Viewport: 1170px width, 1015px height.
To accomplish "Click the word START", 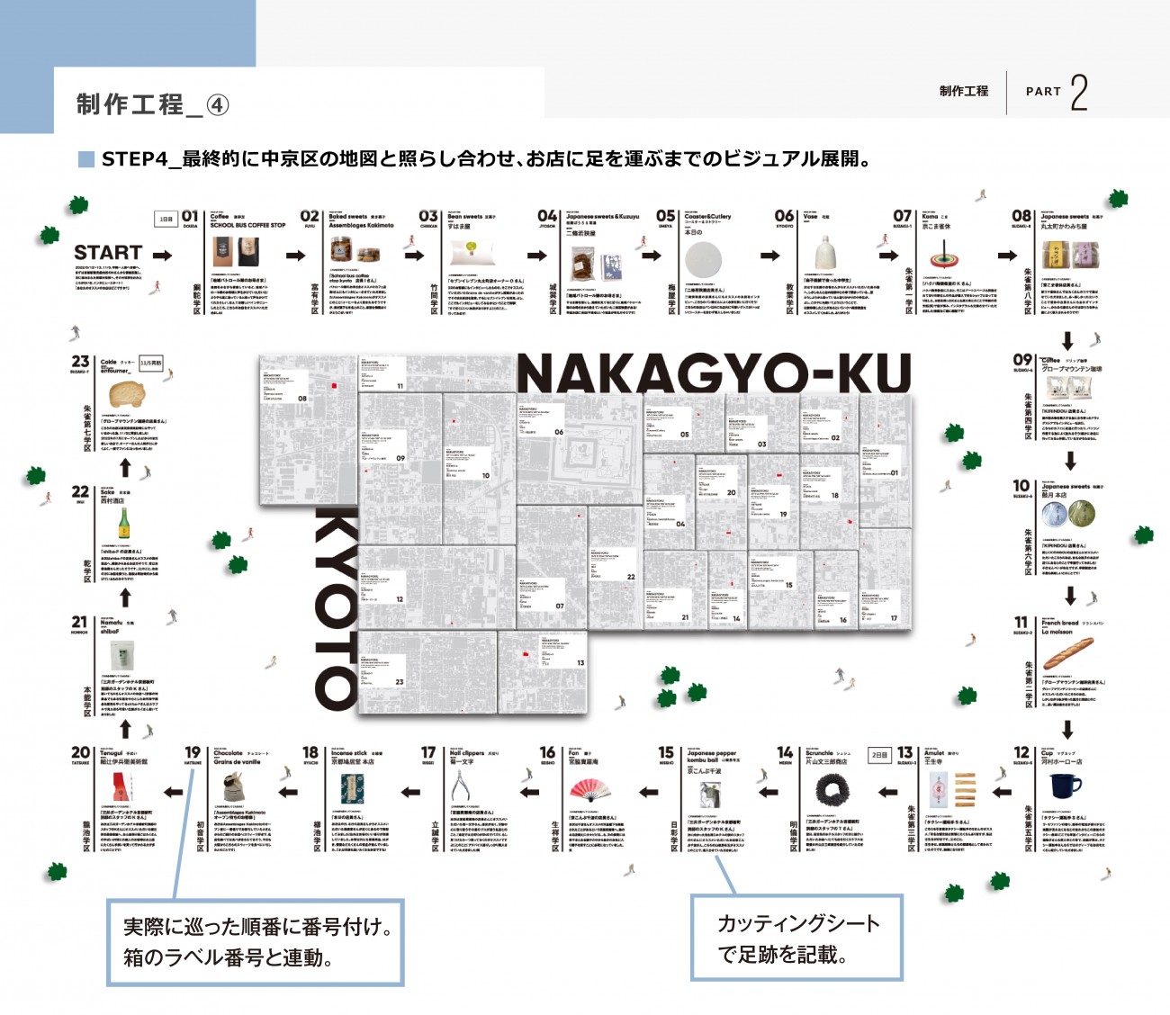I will click(x=108, y=253).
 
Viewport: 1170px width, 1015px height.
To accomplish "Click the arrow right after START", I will click(x=162, y=256).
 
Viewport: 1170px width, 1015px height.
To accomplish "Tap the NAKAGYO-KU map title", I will click(x=714, y=373).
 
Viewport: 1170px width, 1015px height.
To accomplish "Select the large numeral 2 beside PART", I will click(x=1078, y=93).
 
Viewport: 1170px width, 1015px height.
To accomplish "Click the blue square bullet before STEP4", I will click(x=86, y=159).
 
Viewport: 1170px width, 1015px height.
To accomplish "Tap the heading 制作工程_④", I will click(x=152, y=104).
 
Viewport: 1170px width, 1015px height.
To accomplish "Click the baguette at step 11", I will click(x=1067, y=652).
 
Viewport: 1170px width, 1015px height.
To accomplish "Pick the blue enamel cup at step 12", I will click(x=1065, y=786).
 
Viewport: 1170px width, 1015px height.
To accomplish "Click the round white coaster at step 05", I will click(x=703, y=260).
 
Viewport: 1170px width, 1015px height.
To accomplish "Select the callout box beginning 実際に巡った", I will click(x=255, y=942).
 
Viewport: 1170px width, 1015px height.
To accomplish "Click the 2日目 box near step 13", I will click(x=879, y=755).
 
